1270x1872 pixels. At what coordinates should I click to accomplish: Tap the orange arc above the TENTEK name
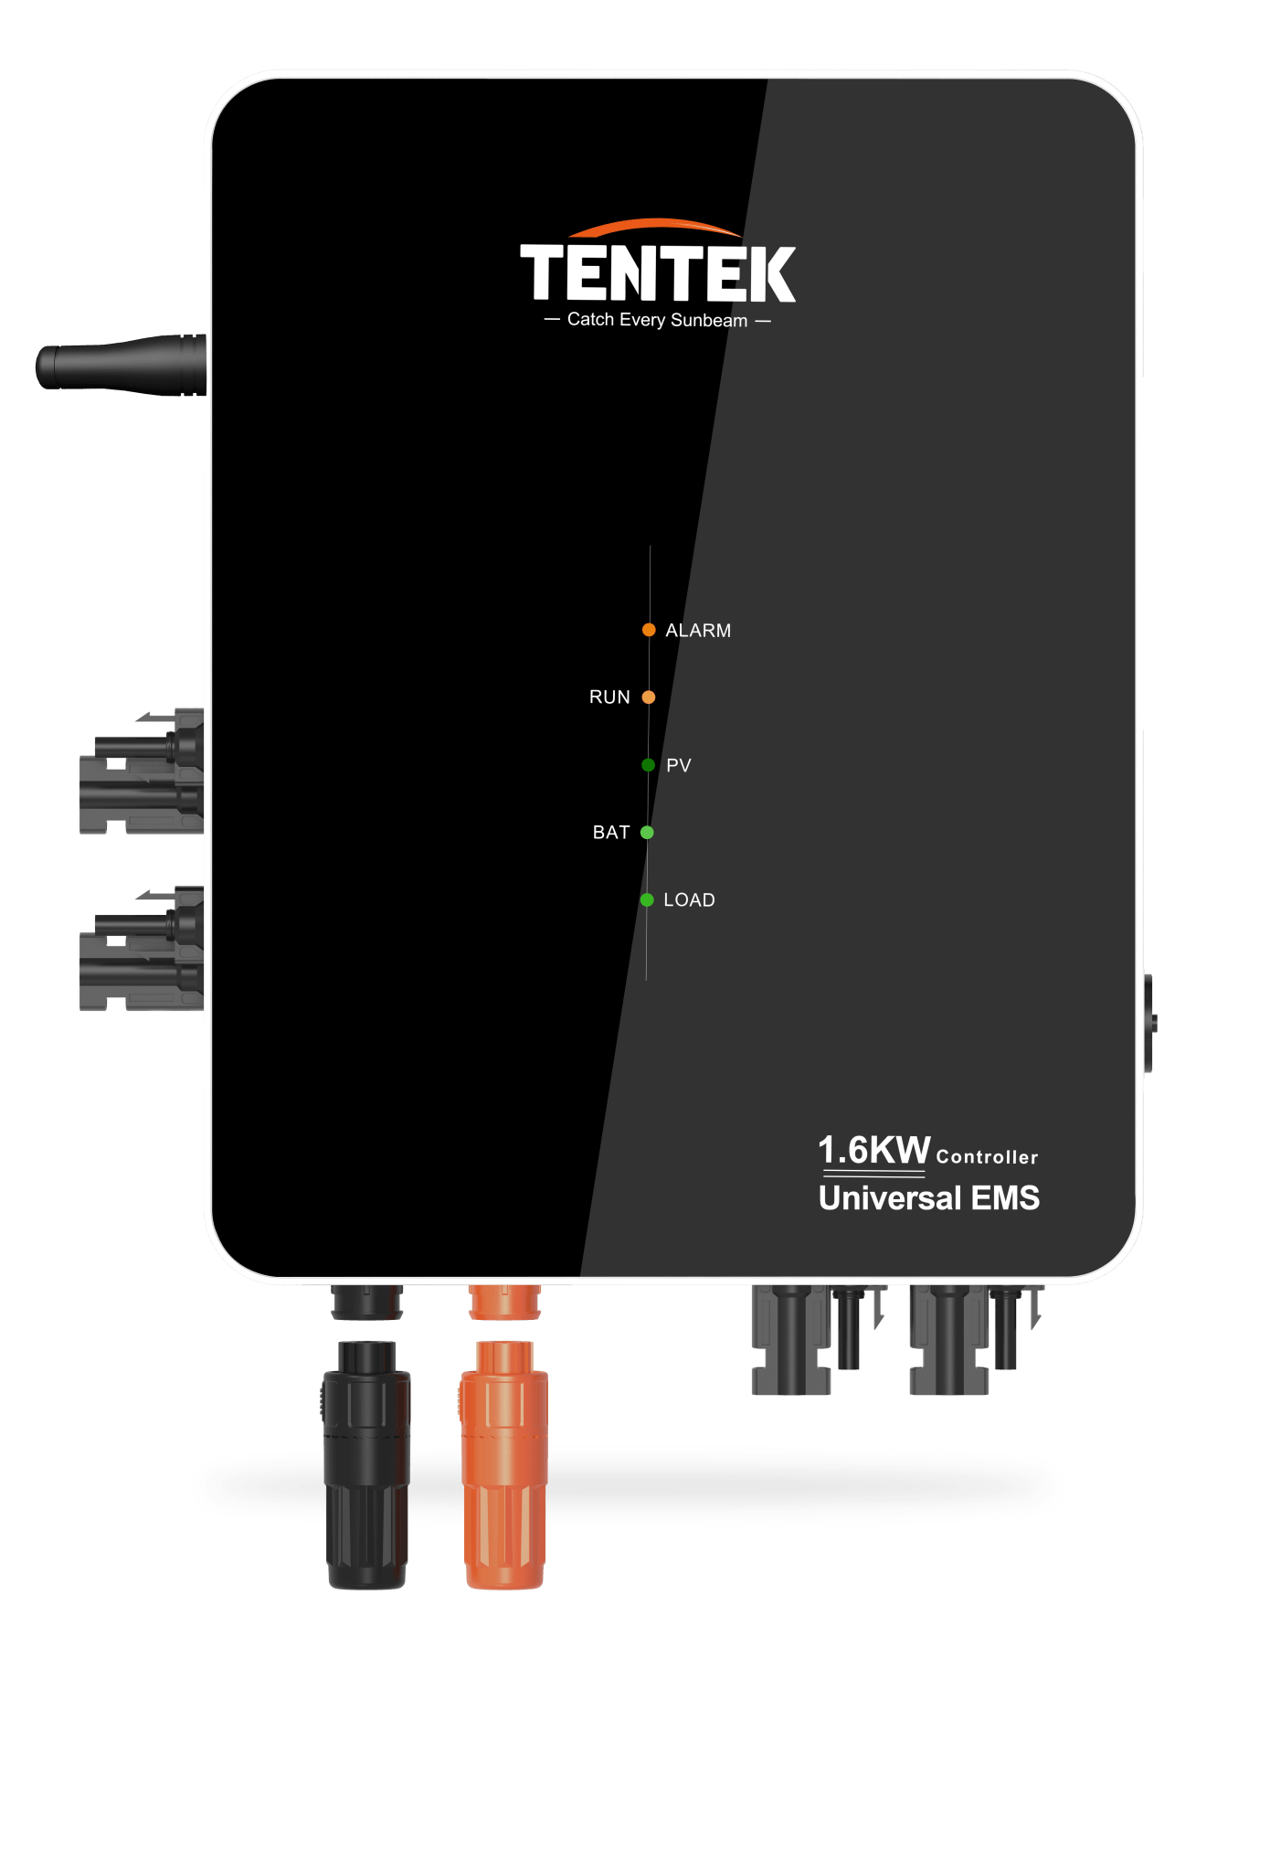click(x=655, y=225)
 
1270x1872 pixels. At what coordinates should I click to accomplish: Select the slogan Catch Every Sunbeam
click(x=657, y=320)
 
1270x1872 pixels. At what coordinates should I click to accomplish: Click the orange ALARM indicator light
click(x=649, y=630)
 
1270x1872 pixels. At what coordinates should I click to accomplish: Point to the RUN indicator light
click(x=649, y=697)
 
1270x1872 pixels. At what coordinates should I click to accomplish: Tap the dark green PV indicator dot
click(x=648, y=765)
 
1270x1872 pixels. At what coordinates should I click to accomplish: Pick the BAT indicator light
click(x=647, y=833)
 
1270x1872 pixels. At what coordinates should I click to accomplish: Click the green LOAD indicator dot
click(x=647, y=900)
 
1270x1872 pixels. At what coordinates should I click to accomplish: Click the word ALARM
click(x=698, y=631)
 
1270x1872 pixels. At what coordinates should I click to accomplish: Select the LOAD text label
click(x=689, y=900)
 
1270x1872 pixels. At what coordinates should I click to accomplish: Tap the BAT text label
click(x=611, y=833)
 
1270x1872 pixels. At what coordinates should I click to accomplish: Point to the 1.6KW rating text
click(x=873, y=1150)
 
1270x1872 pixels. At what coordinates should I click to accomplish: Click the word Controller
click(x=987, y=1157)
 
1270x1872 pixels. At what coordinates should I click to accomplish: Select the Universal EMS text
click(x=929, y=1198)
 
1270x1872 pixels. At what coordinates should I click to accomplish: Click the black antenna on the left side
click(x=121, y=366)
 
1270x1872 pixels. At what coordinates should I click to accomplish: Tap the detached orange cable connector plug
click(x=504, y=1464)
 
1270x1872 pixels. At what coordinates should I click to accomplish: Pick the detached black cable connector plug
click(x=367, y=1464)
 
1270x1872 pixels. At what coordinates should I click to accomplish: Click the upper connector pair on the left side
click(x=142, y=771)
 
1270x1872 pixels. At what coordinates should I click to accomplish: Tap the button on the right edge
click(x=1149, y=1024)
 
